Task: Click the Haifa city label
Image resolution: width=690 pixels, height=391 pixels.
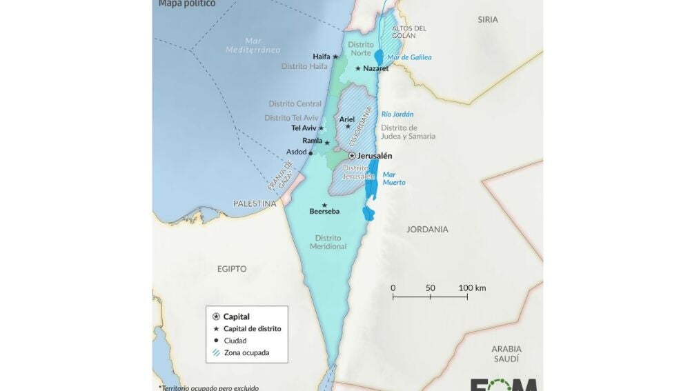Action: coord(321,57)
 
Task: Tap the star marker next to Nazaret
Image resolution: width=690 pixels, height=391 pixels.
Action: coord(357,68)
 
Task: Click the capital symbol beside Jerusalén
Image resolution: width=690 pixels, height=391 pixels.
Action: coord(352,156)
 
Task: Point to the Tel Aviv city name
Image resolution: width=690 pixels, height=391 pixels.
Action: coord(304,128)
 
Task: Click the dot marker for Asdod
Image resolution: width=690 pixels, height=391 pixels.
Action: coord(310,153)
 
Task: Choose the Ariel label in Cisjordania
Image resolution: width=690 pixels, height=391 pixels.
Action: coord(347,119)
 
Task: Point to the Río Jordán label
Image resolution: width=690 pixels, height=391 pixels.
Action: coord(397,114)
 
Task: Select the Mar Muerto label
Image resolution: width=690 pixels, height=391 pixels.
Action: coord(394,179)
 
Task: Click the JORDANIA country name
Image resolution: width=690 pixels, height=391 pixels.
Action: coord(427,229)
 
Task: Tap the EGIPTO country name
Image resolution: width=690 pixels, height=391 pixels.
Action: coord(231,269)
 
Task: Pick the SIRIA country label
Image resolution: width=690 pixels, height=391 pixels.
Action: coord(487,20)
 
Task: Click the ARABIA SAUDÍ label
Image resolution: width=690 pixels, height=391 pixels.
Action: coord(506,354)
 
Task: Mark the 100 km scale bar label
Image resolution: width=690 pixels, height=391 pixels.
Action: coord(472,288)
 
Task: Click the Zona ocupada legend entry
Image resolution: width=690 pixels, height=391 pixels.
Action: coord(246,353)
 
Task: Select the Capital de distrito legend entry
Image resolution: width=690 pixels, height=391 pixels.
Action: coord(252,329)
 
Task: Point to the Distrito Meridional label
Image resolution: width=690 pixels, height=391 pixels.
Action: coord(328,242)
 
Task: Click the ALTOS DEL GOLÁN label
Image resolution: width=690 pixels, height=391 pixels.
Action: coord(409,32)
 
